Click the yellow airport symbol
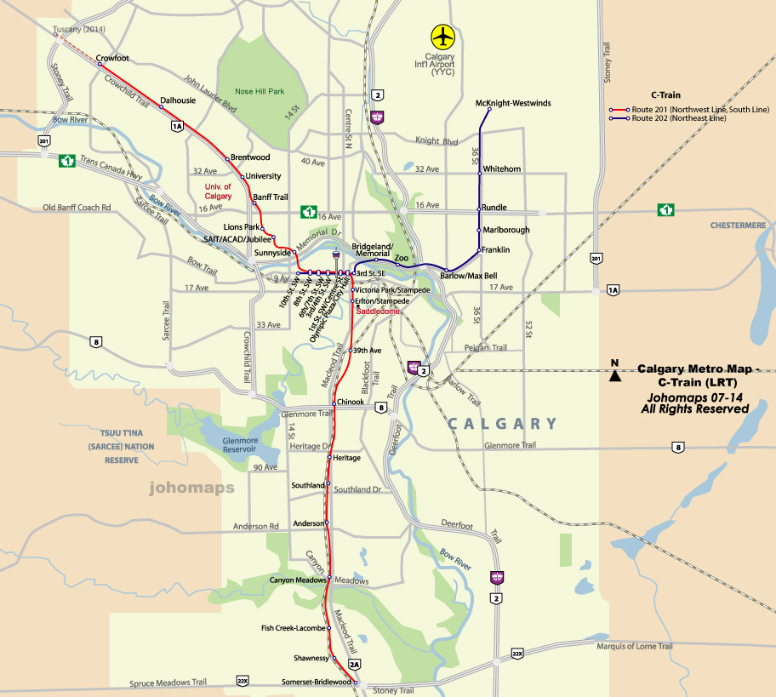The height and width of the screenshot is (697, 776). point(443,37)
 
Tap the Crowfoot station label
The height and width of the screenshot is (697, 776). point(112,58)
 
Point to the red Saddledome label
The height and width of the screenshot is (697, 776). point(378,311)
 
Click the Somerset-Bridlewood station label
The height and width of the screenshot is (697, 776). point(317,682)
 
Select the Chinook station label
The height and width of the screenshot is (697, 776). point(351,403)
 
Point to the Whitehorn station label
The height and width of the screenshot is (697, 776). point(502,169)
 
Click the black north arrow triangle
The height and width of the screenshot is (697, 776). point(614,375)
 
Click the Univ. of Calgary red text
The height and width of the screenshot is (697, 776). point(218,191)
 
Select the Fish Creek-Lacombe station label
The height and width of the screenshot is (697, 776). point(294,628)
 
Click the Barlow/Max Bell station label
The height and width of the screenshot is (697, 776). point(468,276)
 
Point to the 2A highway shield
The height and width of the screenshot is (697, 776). point(355,663)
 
